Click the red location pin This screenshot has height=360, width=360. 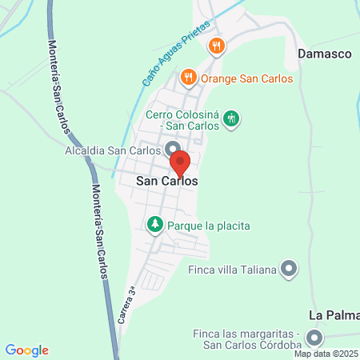pyautogui.click(x=181, y=162)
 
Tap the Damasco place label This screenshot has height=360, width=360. pyautogui.click(x=325, y=54)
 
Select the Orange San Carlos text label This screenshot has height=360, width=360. pyautogui.click(x=246, y=78)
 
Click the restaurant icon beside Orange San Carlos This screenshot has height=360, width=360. pyautogui.click(x=188, y=78)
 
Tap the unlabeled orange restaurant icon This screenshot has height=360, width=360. pyautogui.click(x=215, y=46)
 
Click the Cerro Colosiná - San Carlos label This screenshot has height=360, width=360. pyautogui.click(x=182, y=120)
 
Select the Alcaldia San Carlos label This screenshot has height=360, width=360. pyautogui.click(x=114, y=149)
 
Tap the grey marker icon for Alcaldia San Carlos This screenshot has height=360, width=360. pyautogui.click(x=171, y=149)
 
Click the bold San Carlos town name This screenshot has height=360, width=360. pyautogui.click(x=166, y=182)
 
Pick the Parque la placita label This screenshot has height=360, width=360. pyautogui.click(x=209, y=226)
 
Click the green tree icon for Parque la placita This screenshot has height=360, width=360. pyautogui.click(x=155, y=226)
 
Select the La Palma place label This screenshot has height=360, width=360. pyautogui.click(x=334, y=314)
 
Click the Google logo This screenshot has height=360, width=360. pyautogui.click(x=27, y=350)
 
